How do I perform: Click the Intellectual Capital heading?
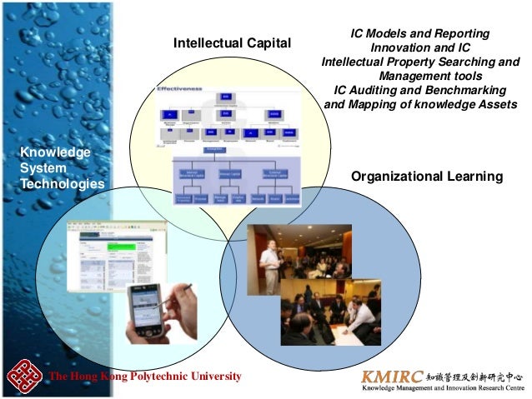(232, 42)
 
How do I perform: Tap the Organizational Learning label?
(427, 177)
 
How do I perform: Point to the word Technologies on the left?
(63, 183)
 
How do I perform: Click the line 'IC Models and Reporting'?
(419, 33)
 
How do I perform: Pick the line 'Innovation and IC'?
(419, 47)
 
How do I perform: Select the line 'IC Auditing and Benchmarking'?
(419, 90)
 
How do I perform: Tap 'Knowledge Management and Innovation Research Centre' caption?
(442, 388)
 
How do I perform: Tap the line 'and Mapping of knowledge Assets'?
(420, 104)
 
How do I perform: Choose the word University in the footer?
(215, 377)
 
